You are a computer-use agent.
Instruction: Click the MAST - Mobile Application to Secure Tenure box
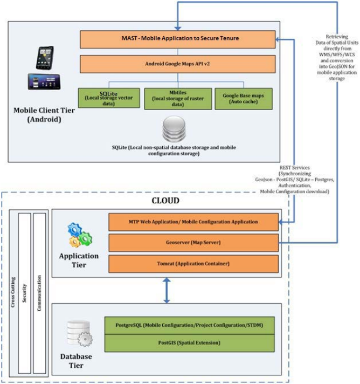pyautogui.click(x=177, y=39)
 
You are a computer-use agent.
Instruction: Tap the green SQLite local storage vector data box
pyautogui.click(x=108, y=97)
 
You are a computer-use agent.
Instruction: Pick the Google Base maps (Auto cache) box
pyautogui.click(x=244, y=97)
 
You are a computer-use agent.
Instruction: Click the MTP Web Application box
pyautogui.click(x=193, y=221)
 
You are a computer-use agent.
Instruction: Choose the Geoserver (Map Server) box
pyautogui.click(x=193, y=243)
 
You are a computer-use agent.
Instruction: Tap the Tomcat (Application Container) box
pyautogui.click(x=193, y=264)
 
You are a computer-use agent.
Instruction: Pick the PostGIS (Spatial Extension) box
pyautogui.click(x=189, y=342)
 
